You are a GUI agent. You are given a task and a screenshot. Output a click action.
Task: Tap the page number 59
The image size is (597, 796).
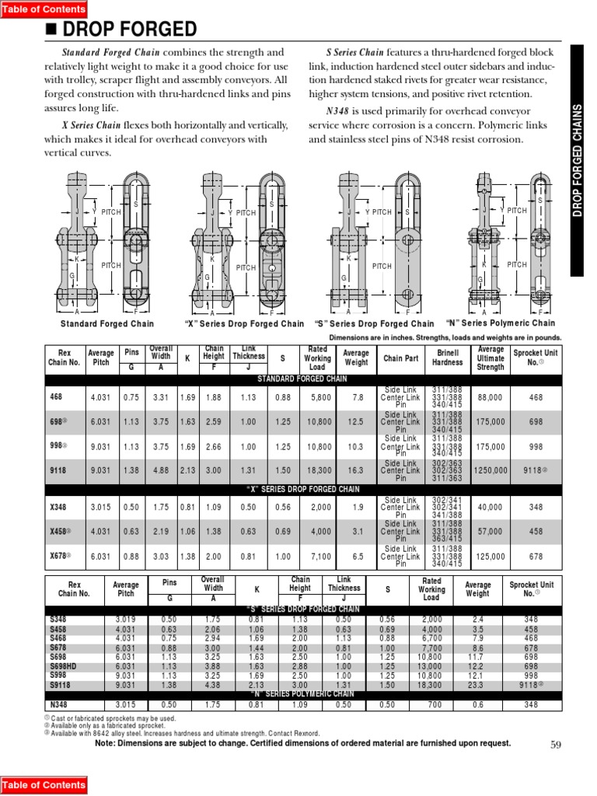point(555,744)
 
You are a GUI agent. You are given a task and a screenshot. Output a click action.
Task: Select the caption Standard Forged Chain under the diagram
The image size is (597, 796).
point(107,323)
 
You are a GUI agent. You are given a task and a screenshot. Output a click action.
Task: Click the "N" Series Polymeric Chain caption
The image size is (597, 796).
point(501,323)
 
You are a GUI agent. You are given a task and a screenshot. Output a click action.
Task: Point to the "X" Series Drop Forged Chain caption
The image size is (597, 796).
point(244,323)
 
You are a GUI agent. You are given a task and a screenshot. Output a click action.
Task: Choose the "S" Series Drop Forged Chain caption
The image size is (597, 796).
point(374,323)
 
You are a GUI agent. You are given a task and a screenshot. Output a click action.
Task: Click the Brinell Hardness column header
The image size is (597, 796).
point(447,358)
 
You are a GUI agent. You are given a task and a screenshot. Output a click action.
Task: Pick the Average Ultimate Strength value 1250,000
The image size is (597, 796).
point(491,471)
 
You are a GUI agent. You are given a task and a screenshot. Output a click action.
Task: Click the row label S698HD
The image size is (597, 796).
point(64,667)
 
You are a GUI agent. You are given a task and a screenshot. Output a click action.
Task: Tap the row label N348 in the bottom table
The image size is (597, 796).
point(58,704)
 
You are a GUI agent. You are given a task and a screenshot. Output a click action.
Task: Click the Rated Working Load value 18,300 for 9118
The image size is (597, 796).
point(317,471)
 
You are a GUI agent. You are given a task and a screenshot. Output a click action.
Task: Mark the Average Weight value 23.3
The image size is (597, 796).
point(477,685)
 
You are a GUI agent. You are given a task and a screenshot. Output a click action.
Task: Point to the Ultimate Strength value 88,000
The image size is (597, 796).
point(491,397)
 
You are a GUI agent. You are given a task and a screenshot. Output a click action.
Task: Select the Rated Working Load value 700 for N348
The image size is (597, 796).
point(432,704)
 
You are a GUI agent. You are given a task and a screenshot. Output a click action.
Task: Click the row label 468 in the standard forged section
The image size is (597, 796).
point(55,397)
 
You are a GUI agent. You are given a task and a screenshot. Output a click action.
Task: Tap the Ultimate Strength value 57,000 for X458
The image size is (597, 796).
point(491,531)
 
